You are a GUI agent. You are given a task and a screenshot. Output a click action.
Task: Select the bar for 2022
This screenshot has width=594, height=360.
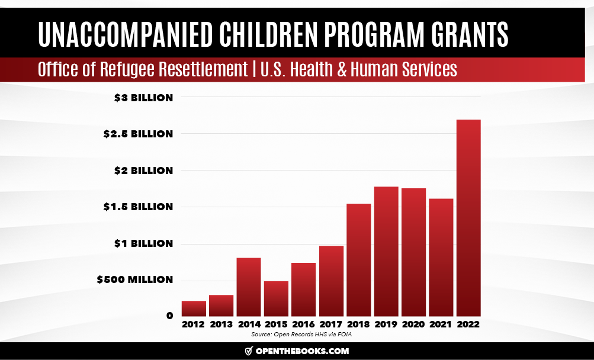(468, 218)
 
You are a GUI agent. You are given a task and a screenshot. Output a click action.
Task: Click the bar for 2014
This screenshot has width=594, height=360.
(249, 287)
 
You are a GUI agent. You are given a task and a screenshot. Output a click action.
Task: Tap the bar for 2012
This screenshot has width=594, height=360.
(194, 308)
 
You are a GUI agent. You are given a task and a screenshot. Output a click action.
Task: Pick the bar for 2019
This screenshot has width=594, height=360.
(386, 252)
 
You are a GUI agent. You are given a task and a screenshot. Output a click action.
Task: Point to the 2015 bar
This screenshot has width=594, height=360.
(276, 298)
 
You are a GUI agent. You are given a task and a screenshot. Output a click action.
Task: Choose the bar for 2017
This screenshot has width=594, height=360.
(331, 281)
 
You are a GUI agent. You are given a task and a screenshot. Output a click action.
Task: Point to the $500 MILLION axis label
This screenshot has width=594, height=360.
(134, 279)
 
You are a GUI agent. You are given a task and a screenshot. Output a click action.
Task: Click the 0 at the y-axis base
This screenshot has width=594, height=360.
(169, 316)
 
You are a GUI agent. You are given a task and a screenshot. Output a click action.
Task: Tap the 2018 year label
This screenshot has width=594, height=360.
(358, 324)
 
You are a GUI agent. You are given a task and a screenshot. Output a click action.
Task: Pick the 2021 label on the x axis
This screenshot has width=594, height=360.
(441, 324)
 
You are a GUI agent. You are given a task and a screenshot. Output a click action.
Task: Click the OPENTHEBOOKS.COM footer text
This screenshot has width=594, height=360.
(302, 351)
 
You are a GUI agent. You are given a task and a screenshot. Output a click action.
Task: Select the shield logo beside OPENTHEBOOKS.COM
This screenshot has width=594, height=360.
(249, 351)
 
